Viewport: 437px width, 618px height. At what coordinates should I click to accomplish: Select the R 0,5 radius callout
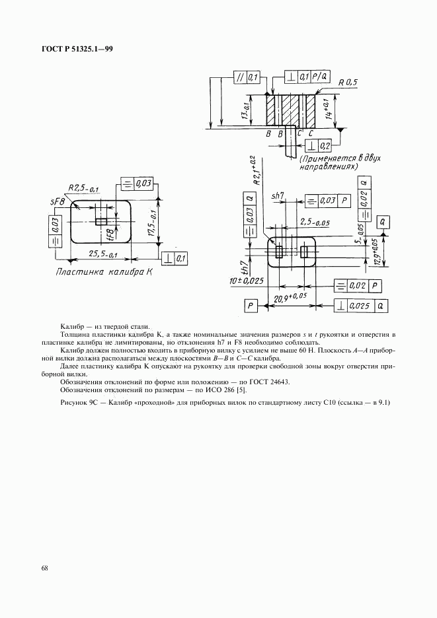347,83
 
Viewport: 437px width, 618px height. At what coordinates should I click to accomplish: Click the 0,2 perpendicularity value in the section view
325,145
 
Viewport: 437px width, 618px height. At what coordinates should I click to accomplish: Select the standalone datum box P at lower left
251,306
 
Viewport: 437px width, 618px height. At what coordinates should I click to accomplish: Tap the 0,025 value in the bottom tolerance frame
360,306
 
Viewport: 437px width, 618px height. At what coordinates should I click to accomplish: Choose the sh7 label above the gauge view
278,196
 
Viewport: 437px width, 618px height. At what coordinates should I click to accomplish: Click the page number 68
44,568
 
